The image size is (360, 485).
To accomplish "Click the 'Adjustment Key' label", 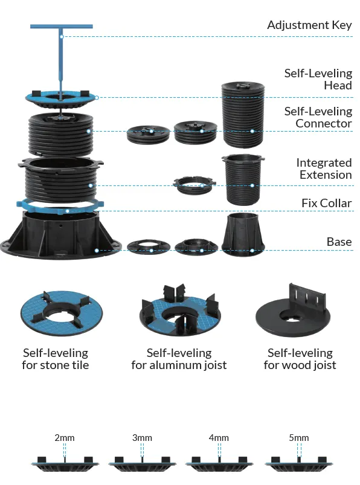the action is point(309,25).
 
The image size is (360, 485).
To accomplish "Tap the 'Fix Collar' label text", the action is point(327,203).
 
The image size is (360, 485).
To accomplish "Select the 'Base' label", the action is point(339,242).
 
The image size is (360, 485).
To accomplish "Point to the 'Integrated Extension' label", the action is point(324,169).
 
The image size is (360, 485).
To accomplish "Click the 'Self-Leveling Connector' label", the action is point(318,117).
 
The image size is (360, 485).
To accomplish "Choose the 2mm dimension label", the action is point(65,438).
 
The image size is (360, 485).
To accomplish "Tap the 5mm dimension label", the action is point(299,438).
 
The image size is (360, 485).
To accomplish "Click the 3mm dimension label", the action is point(142,438).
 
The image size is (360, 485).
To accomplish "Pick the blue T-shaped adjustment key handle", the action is point(62,59).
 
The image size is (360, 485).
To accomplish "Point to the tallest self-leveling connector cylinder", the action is point(243,115).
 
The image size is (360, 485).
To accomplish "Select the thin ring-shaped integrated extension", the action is point(194,185).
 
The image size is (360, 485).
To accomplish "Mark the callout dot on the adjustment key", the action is point(62,37).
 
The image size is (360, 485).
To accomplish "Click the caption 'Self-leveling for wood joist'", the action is point(300,359).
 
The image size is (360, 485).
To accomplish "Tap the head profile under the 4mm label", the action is point(219,464).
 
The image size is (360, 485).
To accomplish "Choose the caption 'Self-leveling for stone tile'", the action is point(56,359).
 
